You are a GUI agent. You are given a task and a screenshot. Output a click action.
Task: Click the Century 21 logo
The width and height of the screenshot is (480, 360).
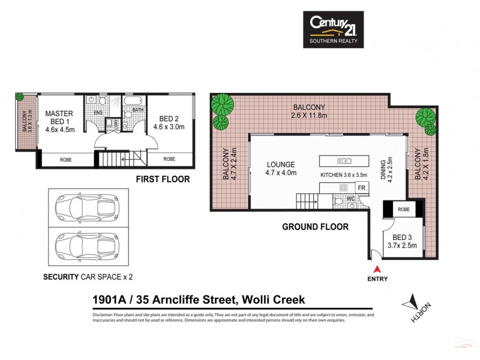(x=332, y=29)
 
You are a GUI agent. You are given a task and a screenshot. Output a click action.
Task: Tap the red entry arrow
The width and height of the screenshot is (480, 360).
(x=377, y=269)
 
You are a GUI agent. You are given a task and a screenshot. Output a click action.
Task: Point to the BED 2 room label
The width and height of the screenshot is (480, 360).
(x=169, y=122)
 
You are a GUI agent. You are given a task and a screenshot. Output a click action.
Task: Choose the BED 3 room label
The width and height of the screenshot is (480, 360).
(x=402, y=240)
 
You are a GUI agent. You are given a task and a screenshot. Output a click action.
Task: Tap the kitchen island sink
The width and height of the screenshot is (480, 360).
(x=344, y=161)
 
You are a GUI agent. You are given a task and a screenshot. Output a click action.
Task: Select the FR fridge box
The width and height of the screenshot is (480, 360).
(x=362, y=188)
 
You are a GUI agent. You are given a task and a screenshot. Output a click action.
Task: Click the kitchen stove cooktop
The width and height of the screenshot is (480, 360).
(x=344, y=188)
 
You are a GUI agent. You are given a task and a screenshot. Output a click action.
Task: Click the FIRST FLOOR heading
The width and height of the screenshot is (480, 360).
(x=163, y=179)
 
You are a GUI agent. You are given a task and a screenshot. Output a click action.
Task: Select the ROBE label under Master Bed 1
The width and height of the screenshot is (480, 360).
(x=67, y=160)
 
